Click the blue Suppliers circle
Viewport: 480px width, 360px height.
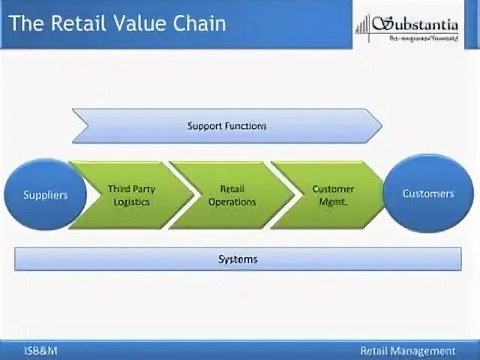(45, 195)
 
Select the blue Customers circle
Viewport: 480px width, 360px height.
(428, 193)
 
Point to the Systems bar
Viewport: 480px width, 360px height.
(238, 259)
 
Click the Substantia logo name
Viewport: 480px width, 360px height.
(422, 25)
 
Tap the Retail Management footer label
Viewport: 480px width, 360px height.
(406, 350)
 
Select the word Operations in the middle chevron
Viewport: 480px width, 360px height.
(232, 202)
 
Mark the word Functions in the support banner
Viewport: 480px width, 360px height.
(245, 126)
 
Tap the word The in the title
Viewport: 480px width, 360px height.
(25, 24)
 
